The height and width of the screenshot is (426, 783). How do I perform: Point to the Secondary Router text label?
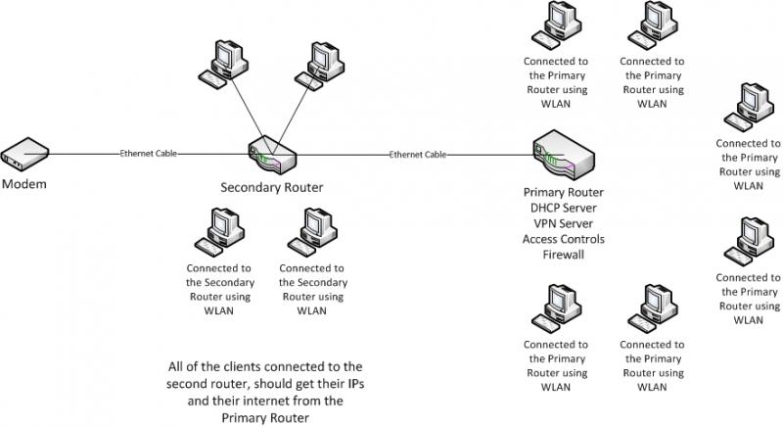(x=270, y=187)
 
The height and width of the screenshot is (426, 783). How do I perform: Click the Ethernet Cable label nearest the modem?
(x=150, y=154)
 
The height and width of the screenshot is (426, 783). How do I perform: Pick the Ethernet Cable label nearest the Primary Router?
(x=418, y=154)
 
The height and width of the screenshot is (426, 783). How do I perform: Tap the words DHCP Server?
(x=564, y=208)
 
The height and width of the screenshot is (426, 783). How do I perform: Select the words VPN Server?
(x=564, y=223)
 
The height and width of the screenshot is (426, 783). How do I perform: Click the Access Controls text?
(x=564, y=239)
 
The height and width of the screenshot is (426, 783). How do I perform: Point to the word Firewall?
(x=564, y=255)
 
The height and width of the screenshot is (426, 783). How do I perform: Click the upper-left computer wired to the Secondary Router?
(x=222, y=61)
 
